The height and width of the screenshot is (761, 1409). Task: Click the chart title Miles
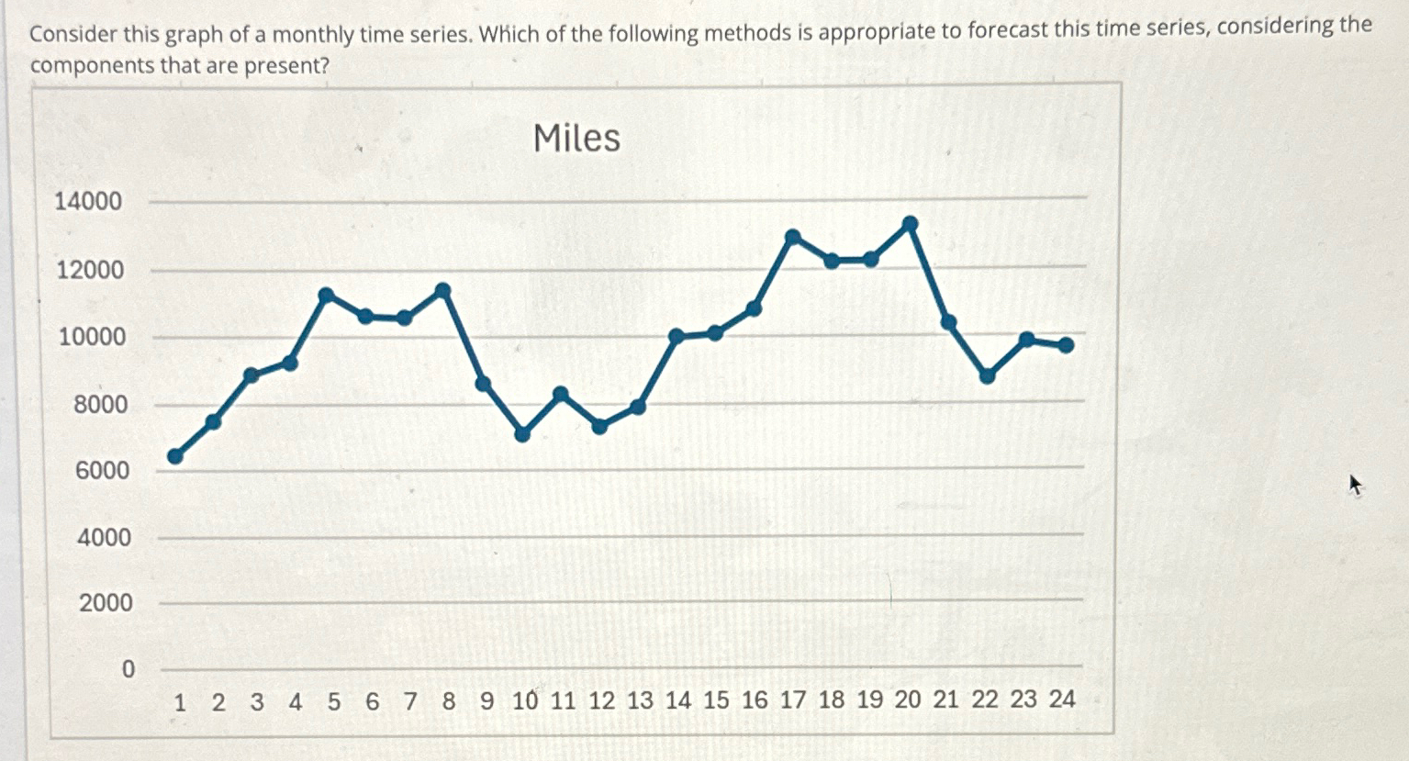tap(576, 139)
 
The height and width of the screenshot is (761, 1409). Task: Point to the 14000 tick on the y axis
tap(88, 201)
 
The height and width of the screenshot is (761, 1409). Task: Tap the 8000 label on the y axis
tap(101, 404)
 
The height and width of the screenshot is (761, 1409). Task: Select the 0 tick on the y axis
tap(128, 668)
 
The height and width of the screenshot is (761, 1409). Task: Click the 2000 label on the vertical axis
tap(106, 603)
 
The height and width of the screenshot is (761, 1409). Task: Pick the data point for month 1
tap(175, 456)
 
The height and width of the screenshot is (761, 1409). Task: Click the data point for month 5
tap(326, 295)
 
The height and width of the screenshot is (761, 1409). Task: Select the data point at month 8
tap(442, 291)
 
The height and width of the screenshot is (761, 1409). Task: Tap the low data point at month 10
tap(522, 434)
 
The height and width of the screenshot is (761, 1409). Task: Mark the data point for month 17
tap(793, 237)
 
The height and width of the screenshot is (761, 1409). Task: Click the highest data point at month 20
tap(910, 223)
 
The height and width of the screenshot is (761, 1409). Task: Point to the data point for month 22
tap(988, 376)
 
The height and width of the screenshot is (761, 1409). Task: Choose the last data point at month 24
tap(1066, 345)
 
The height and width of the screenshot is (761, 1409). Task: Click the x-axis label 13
tap(640, 700)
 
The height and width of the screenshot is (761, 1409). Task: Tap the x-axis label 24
tap(1062, 699)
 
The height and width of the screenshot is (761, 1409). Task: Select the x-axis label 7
tap(410, 701)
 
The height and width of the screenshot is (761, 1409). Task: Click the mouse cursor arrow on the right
tap(1354, 484)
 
